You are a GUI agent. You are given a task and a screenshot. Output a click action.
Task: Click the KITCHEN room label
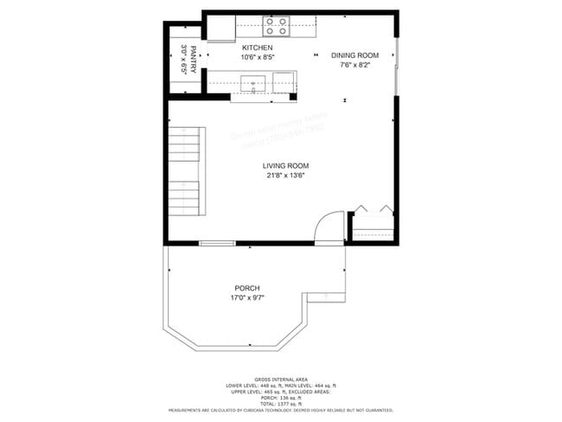tap(257, 48)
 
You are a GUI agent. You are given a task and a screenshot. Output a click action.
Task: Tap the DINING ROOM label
tap(354, 54)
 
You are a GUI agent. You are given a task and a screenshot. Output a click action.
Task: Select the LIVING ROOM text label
tap(285, 165)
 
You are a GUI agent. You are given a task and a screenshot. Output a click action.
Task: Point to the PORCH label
tap(246, 288)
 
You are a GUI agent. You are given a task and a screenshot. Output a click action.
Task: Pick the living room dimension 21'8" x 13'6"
tap(285, 176)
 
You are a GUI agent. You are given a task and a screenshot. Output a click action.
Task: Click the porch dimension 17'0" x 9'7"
tap(246, 298)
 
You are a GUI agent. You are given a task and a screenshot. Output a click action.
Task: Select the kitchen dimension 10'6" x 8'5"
tap(257, 58)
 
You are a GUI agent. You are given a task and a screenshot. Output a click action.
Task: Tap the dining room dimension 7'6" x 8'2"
tap(354, 65)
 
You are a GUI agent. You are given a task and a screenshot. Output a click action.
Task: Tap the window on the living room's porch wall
tap(217, 244)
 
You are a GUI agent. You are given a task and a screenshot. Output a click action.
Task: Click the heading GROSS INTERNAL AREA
tap(281, 379)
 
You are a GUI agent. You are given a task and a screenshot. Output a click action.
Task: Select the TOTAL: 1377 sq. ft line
tap(281, 404)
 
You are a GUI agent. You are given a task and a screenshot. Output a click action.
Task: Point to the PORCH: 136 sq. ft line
tap(281, 398)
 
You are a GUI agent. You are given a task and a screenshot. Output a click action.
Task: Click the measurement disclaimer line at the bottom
tap(281, 410)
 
